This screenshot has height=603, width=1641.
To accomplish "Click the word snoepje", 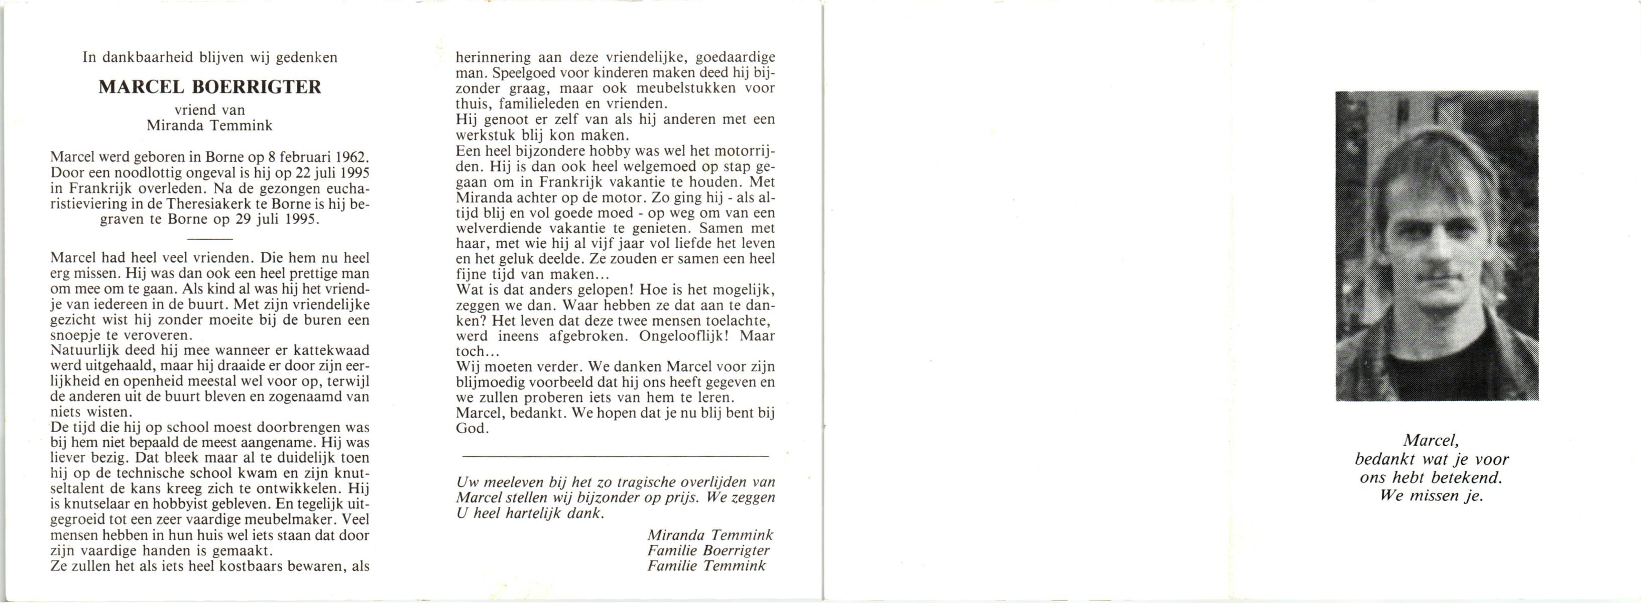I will pyautogui.click(x=74, y=336).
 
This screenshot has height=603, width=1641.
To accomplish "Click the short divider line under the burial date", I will pyautogui.click(x=210, y=239).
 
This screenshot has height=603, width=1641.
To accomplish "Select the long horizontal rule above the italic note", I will pyautogui.click(x=616, y=456).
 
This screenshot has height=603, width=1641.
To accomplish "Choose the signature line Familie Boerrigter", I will pyautogui.click(x=709, y=551).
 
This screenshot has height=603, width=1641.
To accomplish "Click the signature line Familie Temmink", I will pyautogui.click(x=707, y=566).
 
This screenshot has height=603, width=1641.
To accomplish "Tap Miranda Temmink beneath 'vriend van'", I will pyautogui.click(x=209, y=126).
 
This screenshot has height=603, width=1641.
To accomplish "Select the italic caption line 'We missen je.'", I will pyautogui.click(x=1432, y=496).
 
